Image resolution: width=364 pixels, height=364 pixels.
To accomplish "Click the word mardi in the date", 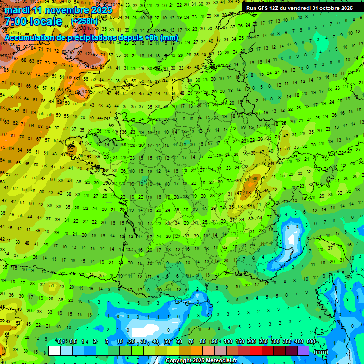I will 18,9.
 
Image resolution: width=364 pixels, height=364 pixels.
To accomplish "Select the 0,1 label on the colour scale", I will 61,341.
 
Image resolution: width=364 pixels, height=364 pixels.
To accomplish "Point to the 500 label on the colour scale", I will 310,341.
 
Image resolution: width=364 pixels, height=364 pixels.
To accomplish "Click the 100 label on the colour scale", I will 227,341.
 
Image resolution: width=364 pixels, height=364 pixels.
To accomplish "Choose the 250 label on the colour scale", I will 263,341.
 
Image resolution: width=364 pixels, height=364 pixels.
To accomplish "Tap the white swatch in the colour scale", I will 55,351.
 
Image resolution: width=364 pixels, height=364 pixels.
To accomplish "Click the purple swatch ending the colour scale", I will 303,351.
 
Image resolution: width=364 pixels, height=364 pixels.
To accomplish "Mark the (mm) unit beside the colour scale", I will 320,352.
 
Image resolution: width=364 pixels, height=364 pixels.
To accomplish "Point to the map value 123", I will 88,54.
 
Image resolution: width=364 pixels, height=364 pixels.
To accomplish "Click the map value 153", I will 4,44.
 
